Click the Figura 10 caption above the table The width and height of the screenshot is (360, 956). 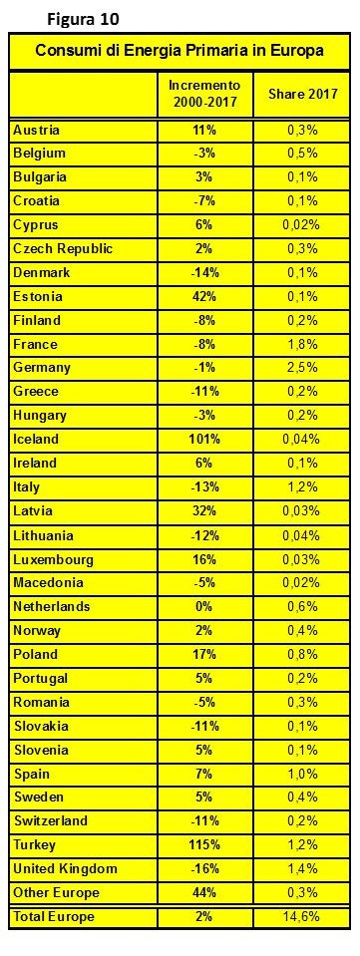83,20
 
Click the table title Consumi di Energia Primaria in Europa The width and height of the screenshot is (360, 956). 180,51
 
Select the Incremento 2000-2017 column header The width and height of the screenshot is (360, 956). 204,95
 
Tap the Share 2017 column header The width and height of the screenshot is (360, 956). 303,95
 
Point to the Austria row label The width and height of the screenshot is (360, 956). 37,130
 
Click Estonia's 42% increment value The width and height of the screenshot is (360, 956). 204,297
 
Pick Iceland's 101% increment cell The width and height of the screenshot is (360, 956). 204,440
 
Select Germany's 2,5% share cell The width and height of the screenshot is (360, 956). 303,368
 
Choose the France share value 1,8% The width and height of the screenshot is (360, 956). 303,345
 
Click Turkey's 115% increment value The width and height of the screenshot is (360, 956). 204,845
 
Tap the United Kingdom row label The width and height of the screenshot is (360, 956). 65,869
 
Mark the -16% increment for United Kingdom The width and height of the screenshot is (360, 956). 204,869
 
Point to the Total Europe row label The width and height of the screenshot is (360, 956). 54,917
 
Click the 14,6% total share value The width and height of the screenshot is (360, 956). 303,917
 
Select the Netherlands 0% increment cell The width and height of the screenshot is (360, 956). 204,607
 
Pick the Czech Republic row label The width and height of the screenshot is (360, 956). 63,249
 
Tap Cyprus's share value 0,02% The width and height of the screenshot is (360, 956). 303,225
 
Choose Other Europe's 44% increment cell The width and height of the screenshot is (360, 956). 204,893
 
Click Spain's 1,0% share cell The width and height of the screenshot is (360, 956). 303,774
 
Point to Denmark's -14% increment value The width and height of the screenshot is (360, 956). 204,272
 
